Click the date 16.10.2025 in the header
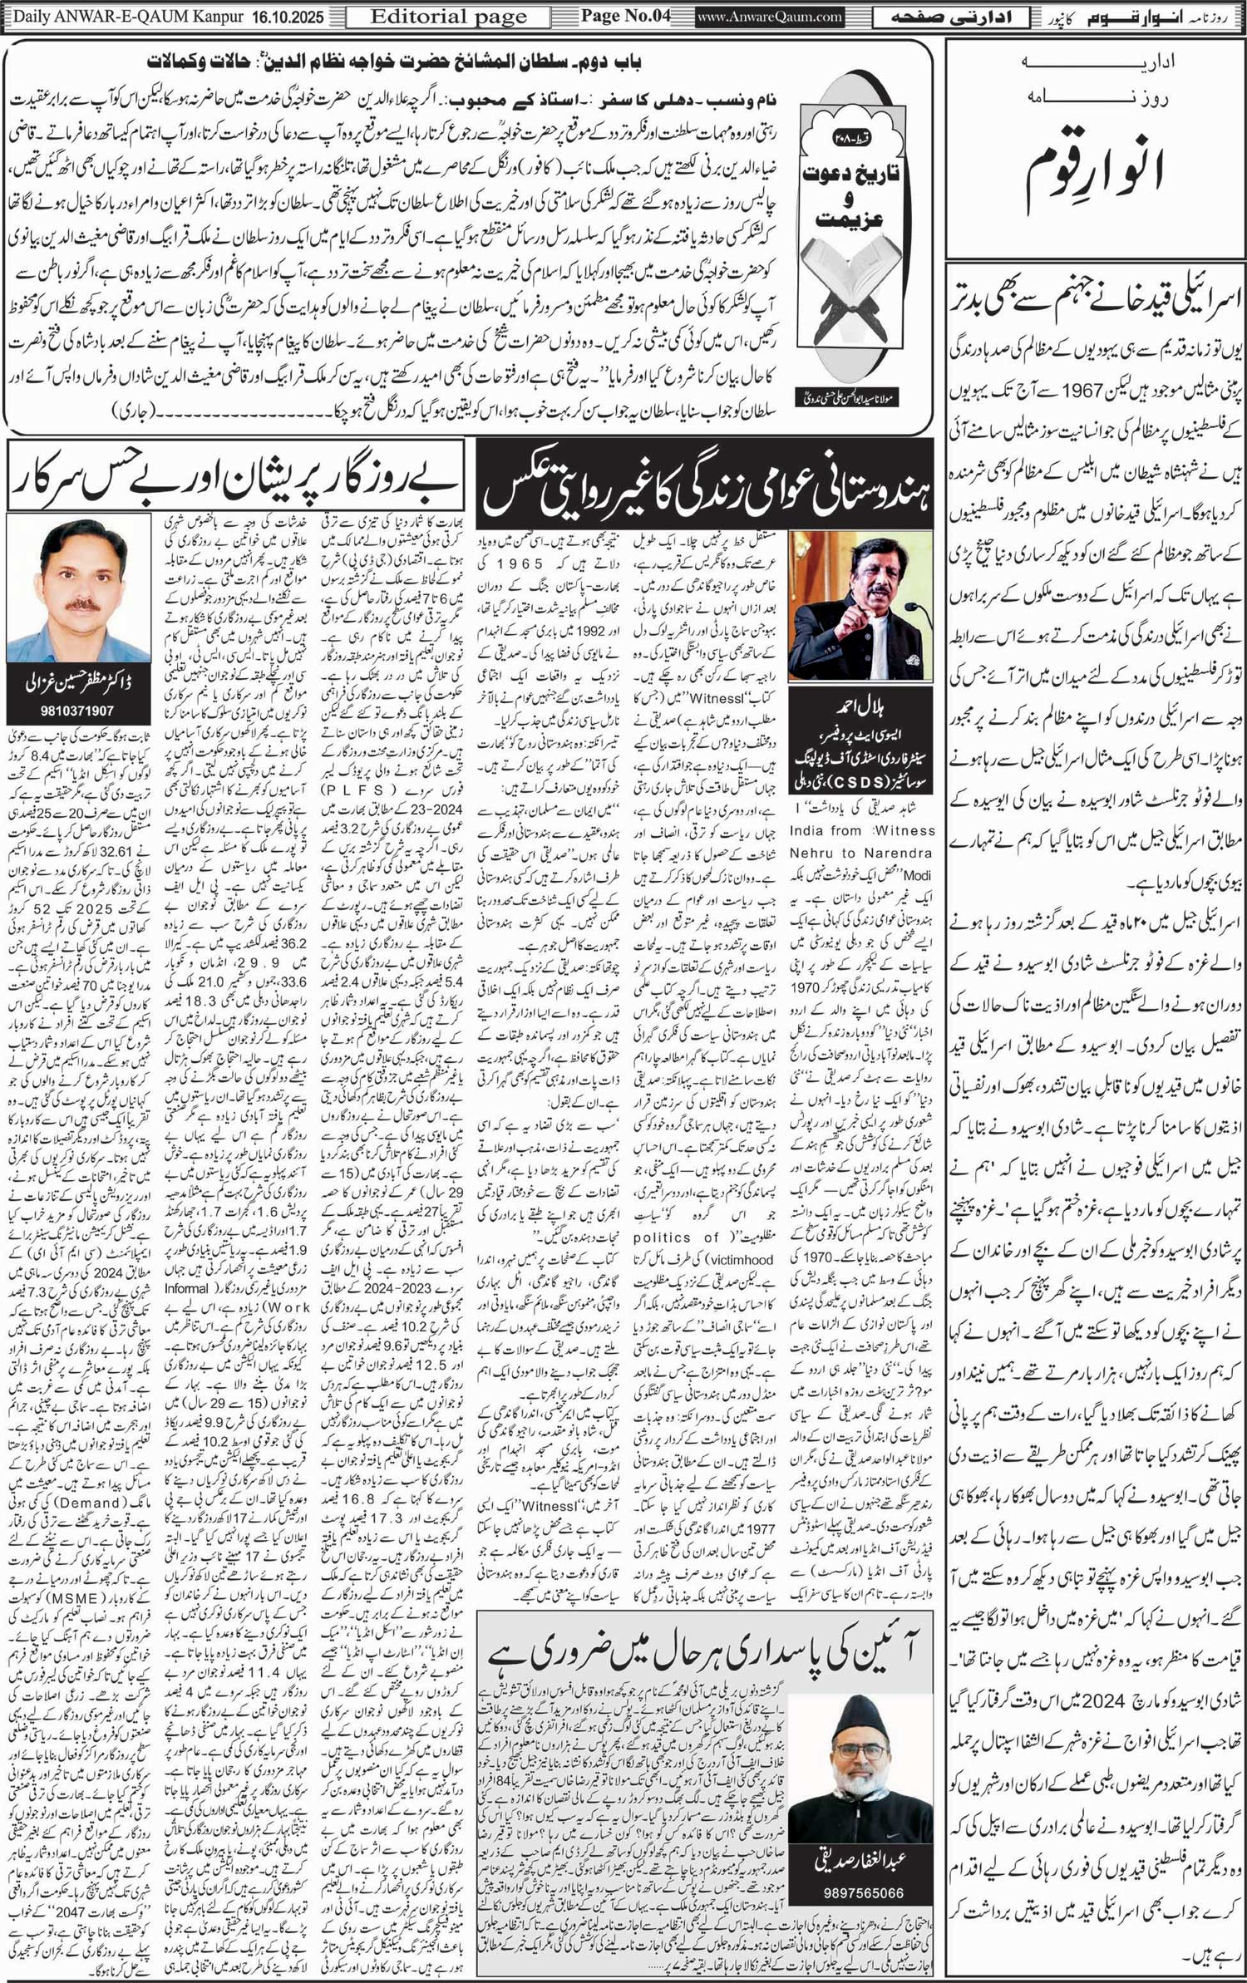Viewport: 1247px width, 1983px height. tap(291, 17)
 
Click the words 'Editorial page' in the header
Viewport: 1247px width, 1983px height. tap(448, 17)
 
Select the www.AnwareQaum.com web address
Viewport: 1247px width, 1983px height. tap(770, 17)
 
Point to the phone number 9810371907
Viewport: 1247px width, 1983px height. tap(77, 711)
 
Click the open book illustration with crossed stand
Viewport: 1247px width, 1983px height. tap(847, 316)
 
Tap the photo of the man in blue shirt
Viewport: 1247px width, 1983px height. tap(78, 588)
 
